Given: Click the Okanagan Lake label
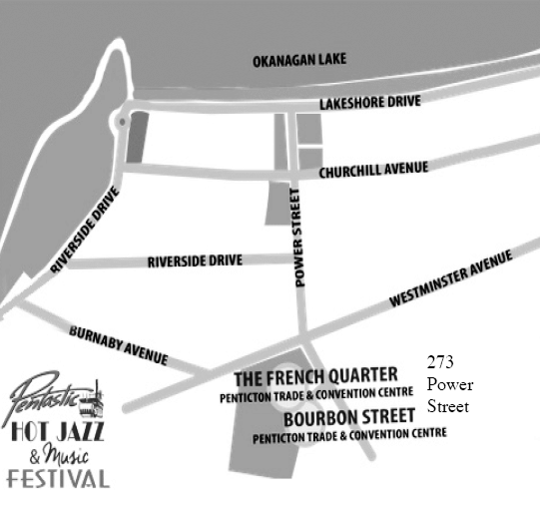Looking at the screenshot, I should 298,60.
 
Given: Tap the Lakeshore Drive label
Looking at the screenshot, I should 370,103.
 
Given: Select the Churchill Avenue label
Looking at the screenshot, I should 373,171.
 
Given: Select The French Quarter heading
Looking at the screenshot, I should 315,377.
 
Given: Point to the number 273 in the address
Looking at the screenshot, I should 439,362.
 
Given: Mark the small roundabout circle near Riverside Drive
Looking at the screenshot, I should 121,122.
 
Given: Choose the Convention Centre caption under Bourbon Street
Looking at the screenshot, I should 349,435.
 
